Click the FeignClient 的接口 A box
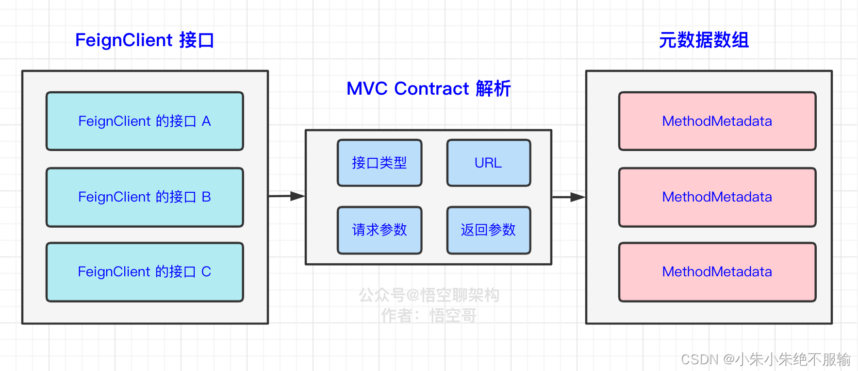(145, 121)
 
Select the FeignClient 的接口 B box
(145, 197)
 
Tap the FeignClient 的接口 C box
(145, 272)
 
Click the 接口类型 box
(379, 163)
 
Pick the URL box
(488, 163)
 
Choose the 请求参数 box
(379, 230)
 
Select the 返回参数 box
(488, 230)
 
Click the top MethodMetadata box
(717, 121)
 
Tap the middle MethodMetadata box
(717, 197)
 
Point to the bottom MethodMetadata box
(717, 272)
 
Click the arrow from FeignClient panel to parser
(286, 196)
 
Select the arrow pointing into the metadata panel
(569, 197)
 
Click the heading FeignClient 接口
(145, 40)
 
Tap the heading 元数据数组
(704, 40)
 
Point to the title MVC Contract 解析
(429, 89)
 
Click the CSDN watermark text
(765, 359)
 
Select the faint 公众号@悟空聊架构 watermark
(429, 295)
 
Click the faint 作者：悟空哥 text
(429, 316)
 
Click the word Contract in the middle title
(431, 89)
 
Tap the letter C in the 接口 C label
(206, 272)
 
